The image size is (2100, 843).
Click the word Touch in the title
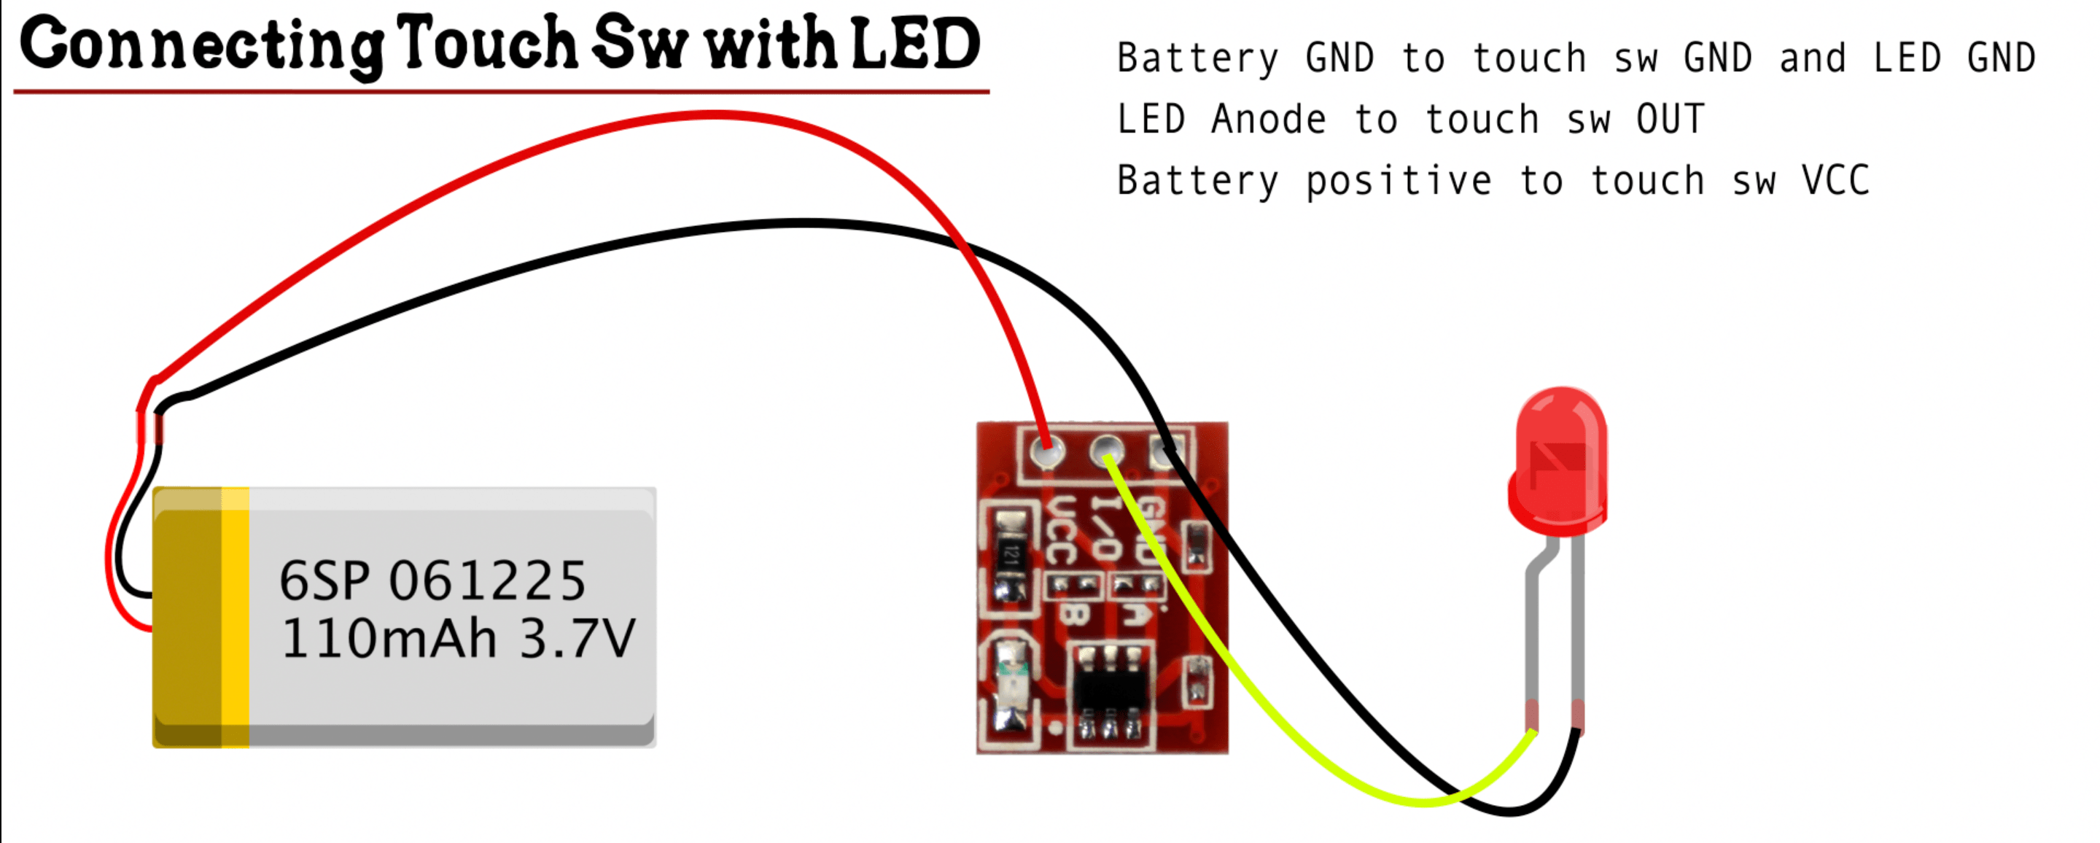tap(488, 44)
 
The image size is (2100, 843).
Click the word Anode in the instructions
tap(1269, 120)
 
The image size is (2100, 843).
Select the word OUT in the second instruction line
tap(1670, 120)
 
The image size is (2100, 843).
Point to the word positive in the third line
tap(1399, 181)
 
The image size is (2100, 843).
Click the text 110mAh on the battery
tap(388, 638)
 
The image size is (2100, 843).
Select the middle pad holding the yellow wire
tap(1106, 449)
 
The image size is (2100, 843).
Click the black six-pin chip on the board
tap(1110, 691)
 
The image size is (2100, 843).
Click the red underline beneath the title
tap(502, 91)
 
